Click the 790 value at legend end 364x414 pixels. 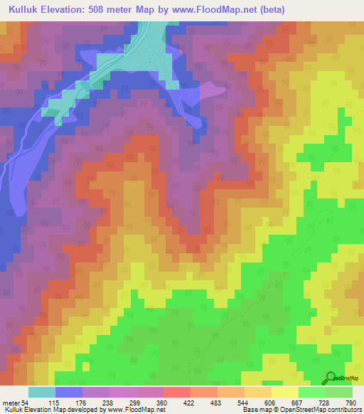350,403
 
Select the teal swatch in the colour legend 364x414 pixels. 42,392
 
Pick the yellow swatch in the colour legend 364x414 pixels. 285,392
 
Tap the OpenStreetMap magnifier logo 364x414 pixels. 331,377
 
